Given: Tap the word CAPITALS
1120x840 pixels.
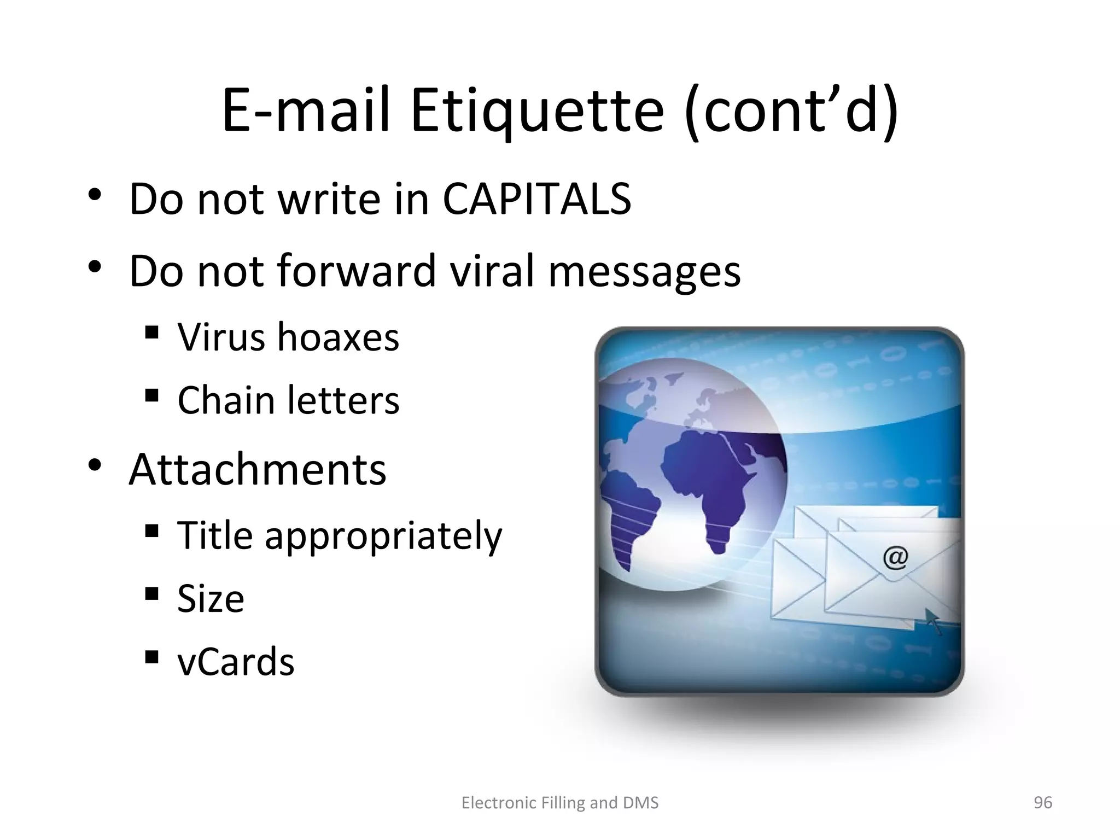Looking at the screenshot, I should coord(536,199).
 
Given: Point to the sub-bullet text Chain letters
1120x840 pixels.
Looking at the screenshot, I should coord(288,400).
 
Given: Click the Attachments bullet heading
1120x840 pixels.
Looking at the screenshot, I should coord(257,470).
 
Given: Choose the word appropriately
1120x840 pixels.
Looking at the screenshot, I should coord(383,536).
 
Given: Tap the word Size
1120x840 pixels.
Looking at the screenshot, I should coord(211,599).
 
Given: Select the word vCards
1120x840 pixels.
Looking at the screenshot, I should coord(236,662).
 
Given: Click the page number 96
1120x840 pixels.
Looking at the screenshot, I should coord(1042,803).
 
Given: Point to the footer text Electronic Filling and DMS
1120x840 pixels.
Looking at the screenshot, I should coord(560,803).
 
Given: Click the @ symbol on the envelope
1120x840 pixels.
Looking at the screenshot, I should coord(895,558).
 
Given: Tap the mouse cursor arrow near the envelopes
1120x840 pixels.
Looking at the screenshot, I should coord(933,621).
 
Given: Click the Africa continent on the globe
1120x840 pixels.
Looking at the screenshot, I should coord(705,481).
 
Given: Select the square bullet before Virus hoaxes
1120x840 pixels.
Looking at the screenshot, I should coord(151,332).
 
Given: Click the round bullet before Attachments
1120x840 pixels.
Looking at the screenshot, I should coord(95,465).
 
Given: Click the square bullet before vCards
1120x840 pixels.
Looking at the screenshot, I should coord(151,657).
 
